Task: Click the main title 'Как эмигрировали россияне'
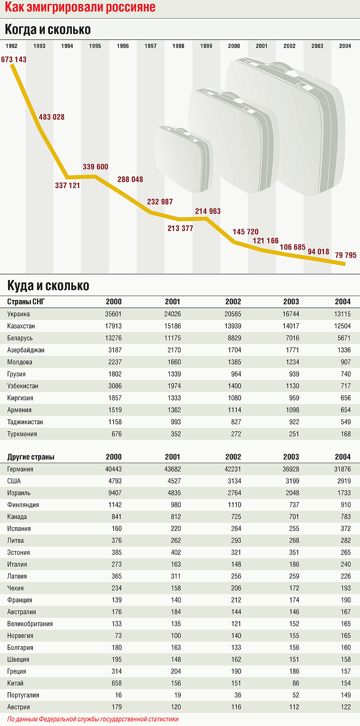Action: (x=80, y=8)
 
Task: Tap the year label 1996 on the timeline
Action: (x=123, y=46)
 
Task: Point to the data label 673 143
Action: (x=14, y=59)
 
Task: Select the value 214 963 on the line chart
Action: (x=208, y=211)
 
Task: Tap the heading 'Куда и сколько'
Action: (x=48, y=286)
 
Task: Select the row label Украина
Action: (x=19, y=314)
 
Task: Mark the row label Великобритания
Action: (x=30, y=624)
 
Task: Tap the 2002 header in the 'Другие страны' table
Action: (x=233, y=457)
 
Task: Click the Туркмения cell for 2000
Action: (x=116, y=434)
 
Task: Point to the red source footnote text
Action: (x=93, y=719)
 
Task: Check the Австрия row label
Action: (x=19, y=707)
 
